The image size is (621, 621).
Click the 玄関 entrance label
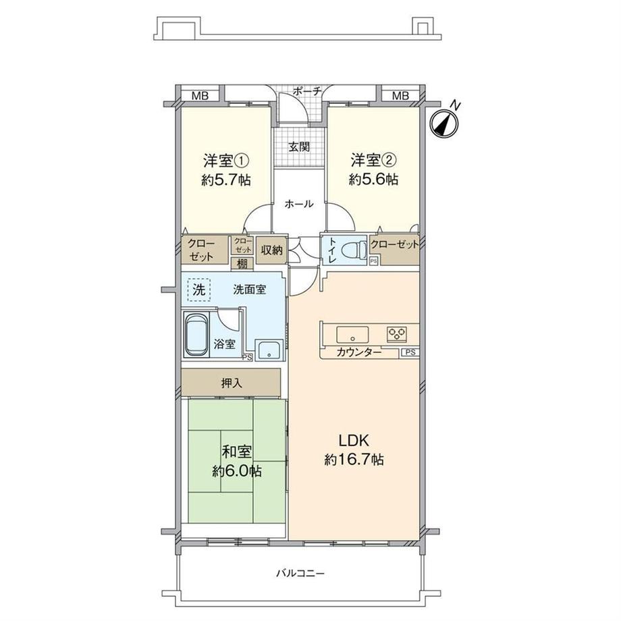coord(300,146)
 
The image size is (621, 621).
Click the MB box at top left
coord(199,96)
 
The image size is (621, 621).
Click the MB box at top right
coord(401,96)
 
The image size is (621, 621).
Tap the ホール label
coord(298,204)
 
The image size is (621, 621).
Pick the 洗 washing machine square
coord(198,290)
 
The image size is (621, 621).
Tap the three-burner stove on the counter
coord(396,333)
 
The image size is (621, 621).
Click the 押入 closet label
coord(231,383)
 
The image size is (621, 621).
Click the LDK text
coord(352,440)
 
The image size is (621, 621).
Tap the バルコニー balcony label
coord(300,573)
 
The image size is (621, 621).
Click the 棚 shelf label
coord(241,264)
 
